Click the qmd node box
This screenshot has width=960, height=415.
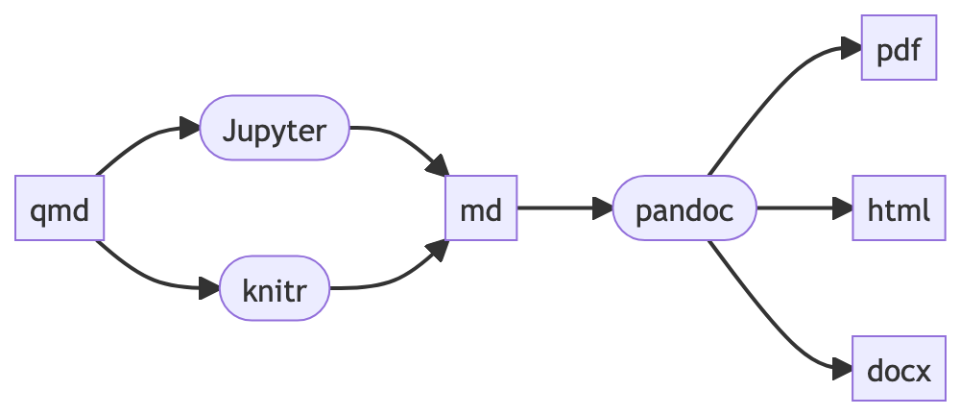click(60, 207)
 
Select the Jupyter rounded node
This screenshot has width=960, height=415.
click(275, 128)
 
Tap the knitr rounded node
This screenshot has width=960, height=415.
click(275, 288)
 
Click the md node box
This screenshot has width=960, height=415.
click(481, 207)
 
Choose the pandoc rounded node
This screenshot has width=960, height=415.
click(684, 207)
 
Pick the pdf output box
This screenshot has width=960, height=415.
click(899, 47)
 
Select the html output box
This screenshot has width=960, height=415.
click(899, 207)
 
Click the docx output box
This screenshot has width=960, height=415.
click(899, 369)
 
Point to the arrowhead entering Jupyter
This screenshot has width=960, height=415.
click(189, 128)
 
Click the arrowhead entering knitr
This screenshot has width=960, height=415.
click(209, 288)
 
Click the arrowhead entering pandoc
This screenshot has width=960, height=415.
click(603, 207)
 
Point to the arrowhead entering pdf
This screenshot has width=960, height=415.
click(851, 47)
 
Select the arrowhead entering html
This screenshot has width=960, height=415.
click(843, 207)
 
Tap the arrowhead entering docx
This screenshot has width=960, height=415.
click(842, 369)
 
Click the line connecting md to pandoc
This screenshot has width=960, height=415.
click(557, 207)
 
